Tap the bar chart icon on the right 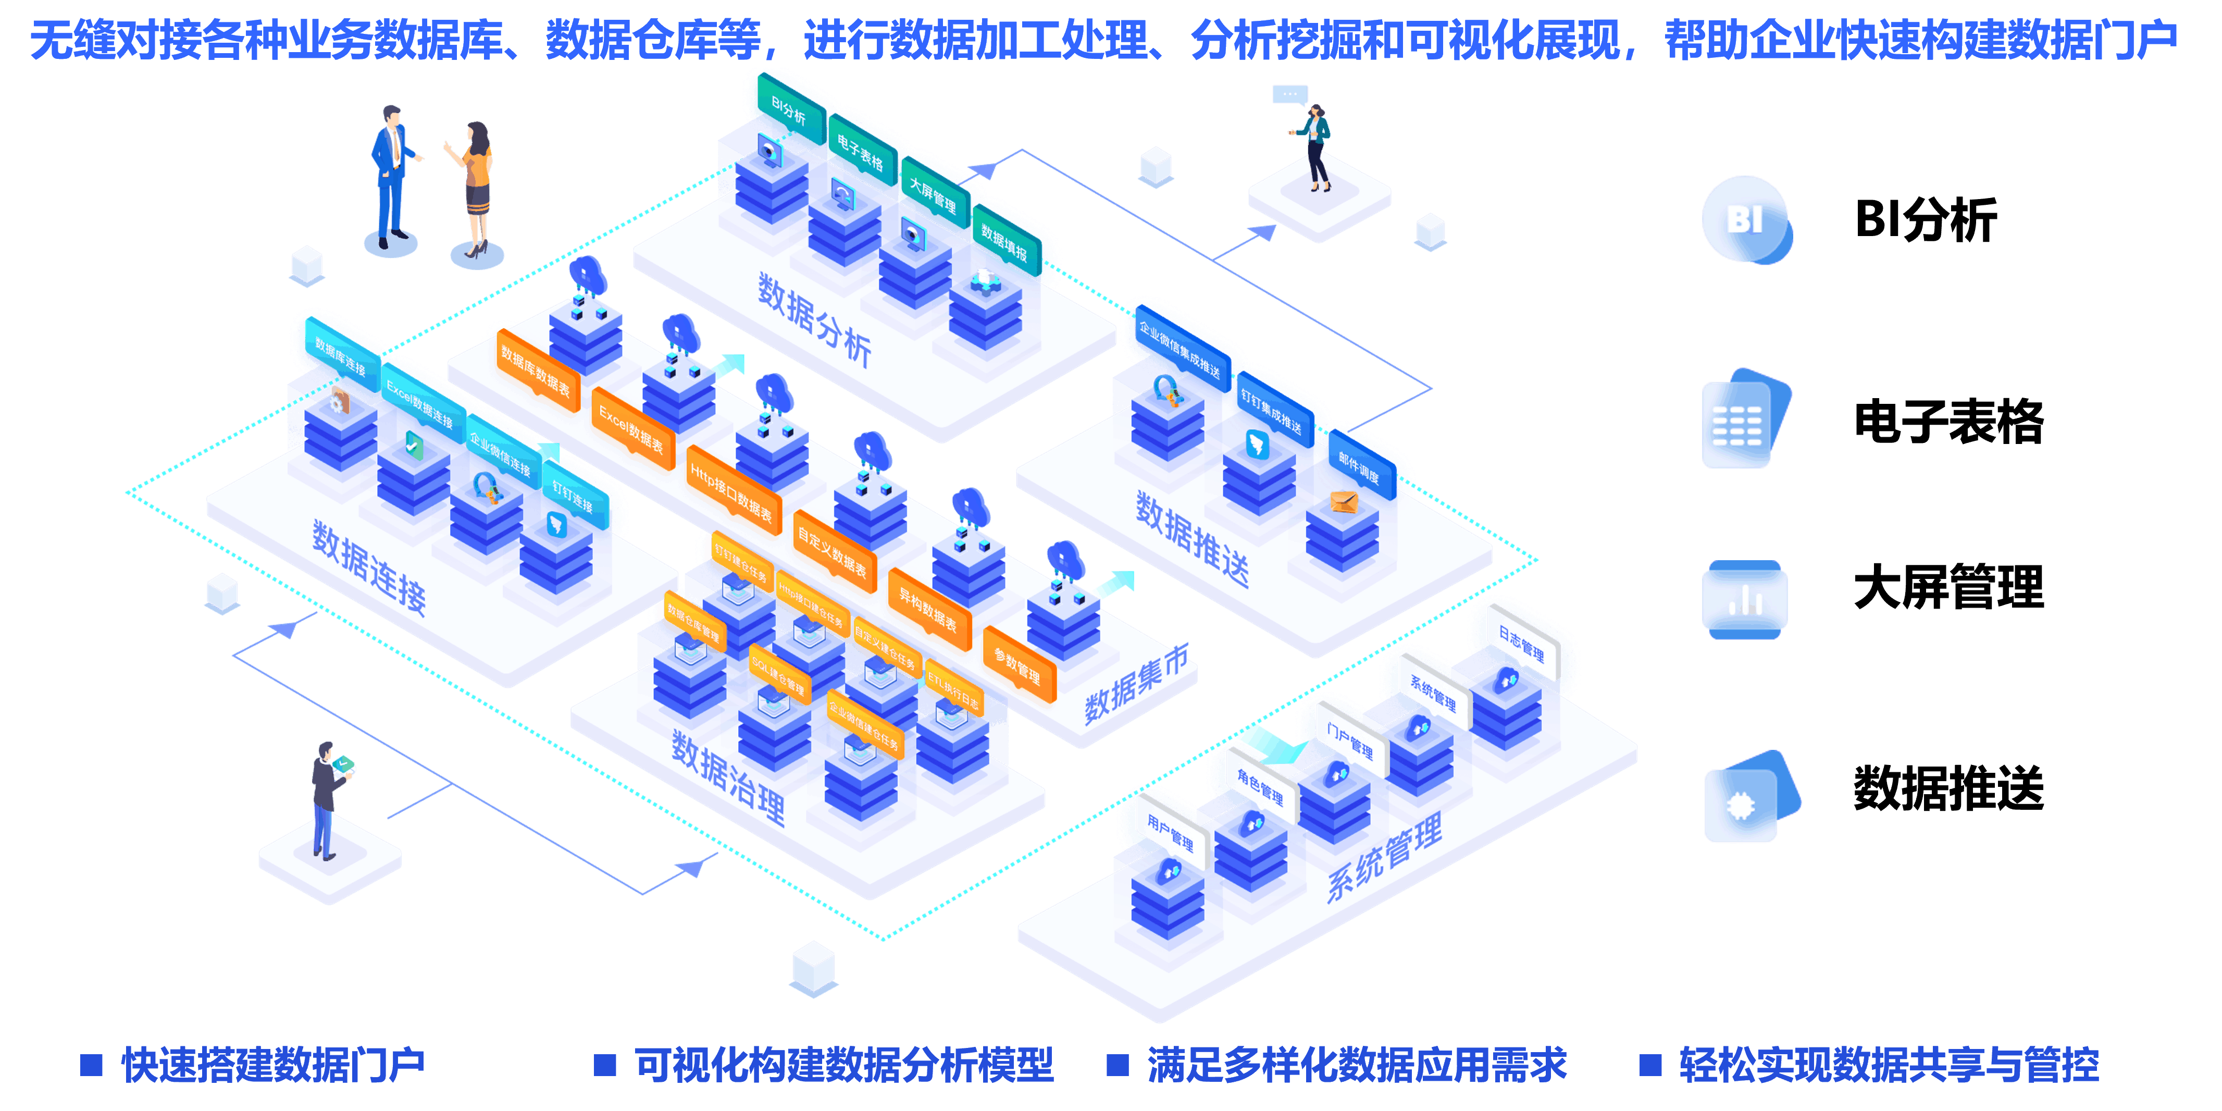pyautogui.click(x=1744, y=599)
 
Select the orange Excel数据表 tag pyautogui.click(x=631, y=429)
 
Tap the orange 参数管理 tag pyautogui.click(x=1018, y=664)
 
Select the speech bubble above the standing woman pyautogui.click(x=1289, y=94)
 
